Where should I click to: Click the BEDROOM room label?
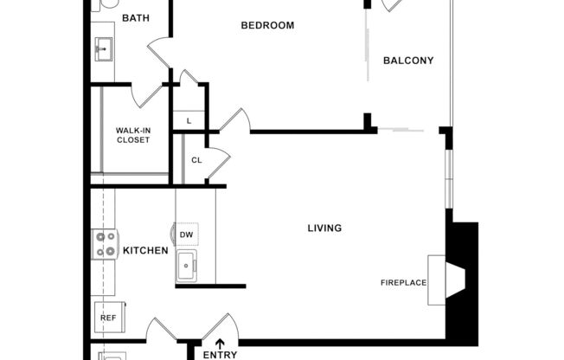267,25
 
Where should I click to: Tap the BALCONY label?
407,61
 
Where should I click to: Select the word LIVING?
324,228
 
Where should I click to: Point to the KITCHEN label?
144,251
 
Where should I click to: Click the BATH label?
135,18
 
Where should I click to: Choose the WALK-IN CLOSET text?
134,135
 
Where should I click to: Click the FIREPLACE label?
404,282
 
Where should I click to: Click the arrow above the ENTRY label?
220,344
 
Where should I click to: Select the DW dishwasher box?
186,235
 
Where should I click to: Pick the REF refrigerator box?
108,318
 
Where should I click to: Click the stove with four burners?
105,244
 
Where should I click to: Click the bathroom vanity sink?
104,48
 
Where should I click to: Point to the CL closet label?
196,160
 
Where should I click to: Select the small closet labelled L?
189,120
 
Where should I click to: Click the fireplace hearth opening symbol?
455,277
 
